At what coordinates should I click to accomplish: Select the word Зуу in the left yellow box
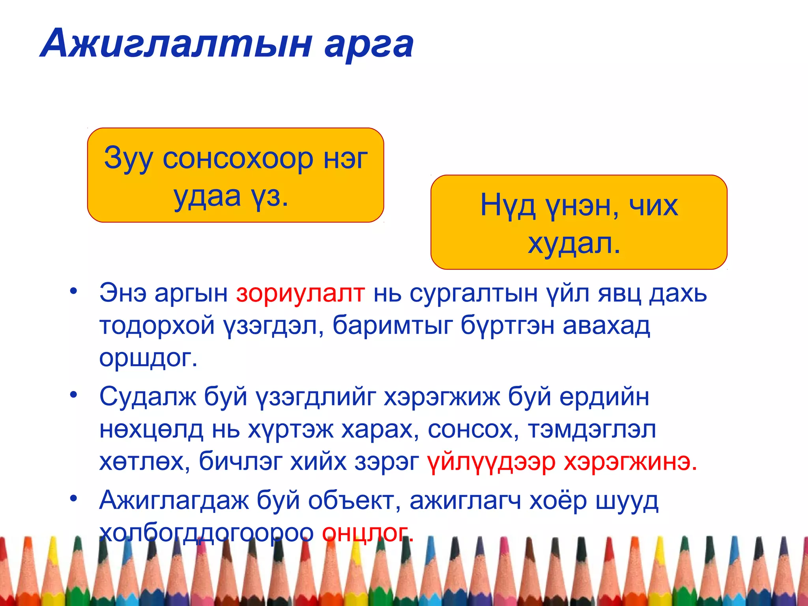pos(128,159)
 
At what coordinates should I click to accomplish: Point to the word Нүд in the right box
pos(508,206)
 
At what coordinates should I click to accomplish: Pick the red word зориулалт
pos(300,294)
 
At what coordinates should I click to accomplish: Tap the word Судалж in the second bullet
pos(148,397)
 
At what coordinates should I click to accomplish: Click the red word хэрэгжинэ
pos(630,461)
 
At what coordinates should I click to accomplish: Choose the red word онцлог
pos(367,533)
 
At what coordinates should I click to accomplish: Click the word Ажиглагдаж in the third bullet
pos(174,501)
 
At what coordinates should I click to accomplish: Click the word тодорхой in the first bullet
pos(157,326)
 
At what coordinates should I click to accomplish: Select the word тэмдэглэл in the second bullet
pos(592,429)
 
